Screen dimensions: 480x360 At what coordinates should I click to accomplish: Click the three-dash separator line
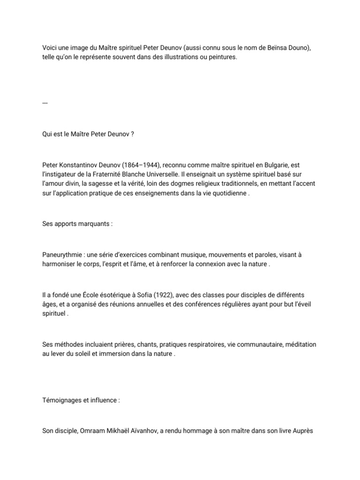click(45, 103)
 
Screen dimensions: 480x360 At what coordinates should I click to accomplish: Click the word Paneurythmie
click(61, 255)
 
